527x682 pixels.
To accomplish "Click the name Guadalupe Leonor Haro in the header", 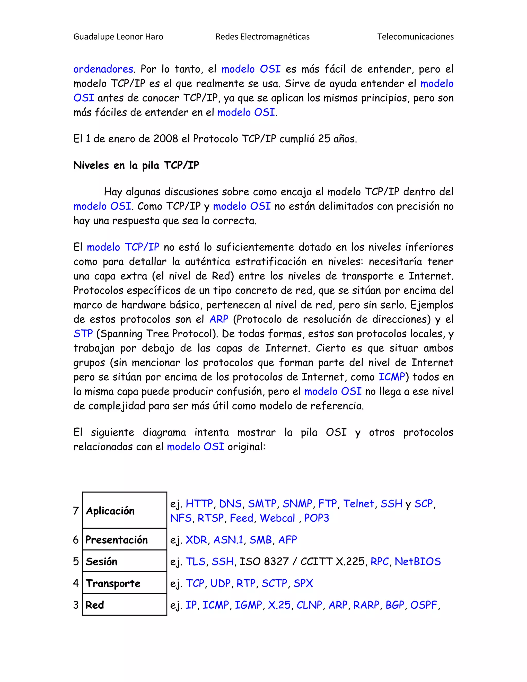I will point(118,37).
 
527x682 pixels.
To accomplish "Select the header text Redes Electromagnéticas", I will point(262,37).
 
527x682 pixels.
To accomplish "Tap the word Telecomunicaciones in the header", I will point(415,37).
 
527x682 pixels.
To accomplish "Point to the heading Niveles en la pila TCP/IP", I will point(136,165).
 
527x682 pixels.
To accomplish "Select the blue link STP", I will point(83,334).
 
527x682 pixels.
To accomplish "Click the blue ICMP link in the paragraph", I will point(391,377).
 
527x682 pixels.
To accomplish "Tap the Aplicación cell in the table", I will point(110,511).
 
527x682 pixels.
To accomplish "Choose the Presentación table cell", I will point(117,540).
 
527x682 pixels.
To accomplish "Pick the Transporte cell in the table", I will point(113,583).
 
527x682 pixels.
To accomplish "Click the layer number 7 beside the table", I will point(76,511).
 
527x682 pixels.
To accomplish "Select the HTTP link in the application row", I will point(199,504).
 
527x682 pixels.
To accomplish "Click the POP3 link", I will point(316,518).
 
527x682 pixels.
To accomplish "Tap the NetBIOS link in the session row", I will point(417,562).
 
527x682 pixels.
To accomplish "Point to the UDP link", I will point(221,583).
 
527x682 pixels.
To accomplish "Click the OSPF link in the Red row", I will point(424,605).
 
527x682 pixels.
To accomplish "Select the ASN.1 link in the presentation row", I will point(228,540).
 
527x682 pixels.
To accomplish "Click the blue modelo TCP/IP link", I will point(123,247).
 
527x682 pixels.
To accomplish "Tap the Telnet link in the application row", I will point(358,504).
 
